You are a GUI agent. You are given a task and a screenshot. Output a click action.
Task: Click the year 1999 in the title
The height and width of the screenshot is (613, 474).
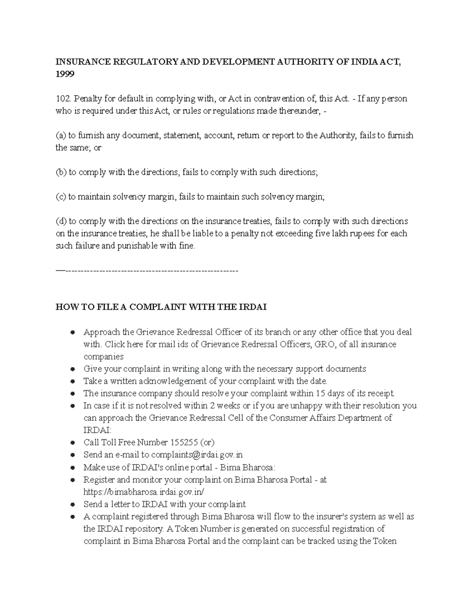pyautogui.click(x=65, y=74)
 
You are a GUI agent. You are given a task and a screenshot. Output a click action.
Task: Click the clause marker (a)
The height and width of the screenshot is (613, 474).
pyautogui.click(x=61, y=135)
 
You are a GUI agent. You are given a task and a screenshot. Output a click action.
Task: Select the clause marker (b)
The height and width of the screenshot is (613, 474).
pyautogui.click(x=61, y=172)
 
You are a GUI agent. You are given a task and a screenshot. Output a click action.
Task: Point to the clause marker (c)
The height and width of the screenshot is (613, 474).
pyautogui.click(x=61, y=197)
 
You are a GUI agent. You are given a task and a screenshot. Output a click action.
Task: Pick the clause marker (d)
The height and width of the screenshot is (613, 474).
pyautogui.click(x=61, y=221)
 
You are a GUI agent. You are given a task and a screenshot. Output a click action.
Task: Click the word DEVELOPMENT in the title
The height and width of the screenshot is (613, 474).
pyautogui.click(x=229, y=62)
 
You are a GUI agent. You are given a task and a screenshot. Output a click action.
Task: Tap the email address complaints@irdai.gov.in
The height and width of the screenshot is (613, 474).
pyautogui.click(x=197, y=455)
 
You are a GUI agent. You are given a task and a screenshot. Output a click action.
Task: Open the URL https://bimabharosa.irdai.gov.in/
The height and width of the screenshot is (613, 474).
pyautogui.click(x=144, y=492)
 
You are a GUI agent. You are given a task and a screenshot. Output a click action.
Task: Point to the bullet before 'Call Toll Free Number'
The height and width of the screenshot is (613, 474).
pyautogui.click(x=73, y=443)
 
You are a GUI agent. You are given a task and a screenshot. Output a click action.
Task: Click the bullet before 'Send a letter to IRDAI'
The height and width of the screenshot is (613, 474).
pyautogui.click(x=73, y=504)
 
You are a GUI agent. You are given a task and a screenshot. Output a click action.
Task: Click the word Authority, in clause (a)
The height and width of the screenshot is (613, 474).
pyautogui.click(x=337, y=135)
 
